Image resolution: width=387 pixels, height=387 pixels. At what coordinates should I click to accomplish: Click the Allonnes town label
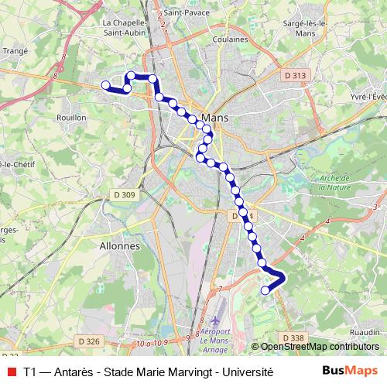[x=120, y=245]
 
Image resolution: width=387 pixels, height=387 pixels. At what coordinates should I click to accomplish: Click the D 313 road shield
[x=295, y=75]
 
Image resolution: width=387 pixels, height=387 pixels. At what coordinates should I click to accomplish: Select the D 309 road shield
[x=123, y=194]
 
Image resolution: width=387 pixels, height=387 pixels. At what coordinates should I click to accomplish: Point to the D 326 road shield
[x=89, y=341]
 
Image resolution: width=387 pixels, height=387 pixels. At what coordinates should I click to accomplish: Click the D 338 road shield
[x=293, y=337]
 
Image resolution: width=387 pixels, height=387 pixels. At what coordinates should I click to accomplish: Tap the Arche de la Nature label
[x=334, y=183]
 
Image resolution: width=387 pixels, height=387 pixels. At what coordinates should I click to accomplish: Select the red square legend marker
[x=10, y=372]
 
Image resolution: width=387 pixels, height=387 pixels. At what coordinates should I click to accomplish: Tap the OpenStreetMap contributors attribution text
[x=319, y=347]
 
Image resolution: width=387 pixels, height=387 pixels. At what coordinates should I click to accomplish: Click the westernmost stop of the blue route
[x=105, y=84]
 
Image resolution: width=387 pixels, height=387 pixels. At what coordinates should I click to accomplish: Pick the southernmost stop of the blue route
[x=265, y=290]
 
